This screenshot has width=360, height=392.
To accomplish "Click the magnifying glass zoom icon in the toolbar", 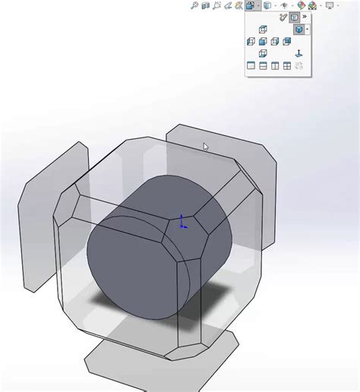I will click(x=194, y=5).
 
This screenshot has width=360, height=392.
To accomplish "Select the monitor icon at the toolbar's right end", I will click(x=330, y=5).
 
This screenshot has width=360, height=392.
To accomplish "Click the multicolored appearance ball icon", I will click(x=301, y=5).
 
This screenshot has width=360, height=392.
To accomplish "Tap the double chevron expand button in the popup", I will click(x=305, y=17).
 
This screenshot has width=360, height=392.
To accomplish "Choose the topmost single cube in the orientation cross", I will click(x=263, y=29).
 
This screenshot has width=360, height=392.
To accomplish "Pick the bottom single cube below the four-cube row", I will click(x=263, y=53).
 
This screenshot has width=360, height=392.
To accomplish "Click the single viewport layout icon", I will click(x=251, y=65).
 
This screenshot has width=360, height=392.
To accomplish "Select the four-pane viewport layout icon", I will click(x=287, y=65).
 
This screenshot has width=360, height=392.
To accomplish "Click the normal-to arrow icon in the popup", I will click(x=298, y=54).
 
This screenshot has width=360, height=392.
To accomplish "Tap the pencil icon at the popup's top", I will click(x=283, y=17).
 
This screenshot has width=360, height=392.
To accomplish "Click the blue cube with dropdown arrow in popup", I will click(x=299, y=29).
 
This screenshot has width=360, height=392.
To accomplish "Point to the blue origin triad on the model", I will click(x=182, y=222).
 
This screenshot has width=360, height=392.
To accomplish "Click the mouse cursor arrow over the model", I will click(x=205, y=147).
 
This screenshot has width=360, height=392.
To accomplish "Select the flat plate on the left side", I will click(x=46, y=220).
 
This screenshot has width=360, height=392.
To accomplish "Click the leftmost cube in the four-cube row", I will click(x=251, y=41).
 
